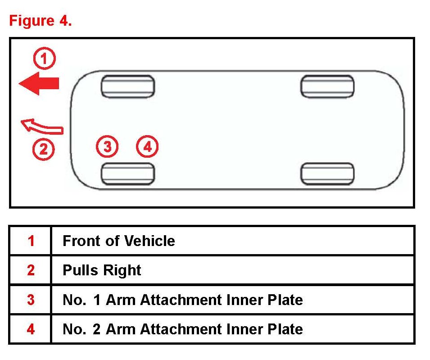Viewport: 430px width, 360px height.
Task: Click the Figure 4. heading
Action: click(x=41, y=21)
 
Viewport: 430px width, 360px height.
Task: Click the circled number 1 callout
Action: click(x=45, y=59)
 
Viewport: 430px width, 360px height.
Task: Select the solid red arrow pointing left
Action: click(x=39, y=83)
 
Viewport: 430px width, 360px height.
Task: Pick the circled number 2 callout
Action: click(x=44, y=150)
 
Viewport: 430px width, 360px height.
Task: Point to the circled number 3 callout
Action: click(x=107, y=146)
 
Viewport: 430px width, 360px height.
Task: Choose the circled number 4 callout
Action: click(x=147, y=146)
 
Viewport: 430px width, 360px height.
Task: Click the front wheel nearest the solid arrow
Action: click(x=128, y=87)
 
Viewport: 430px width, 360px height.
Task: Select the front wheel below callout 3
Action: click(x=128, y=174)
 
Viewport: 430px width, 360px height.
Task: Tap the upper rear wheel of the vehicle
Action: click(x=327, y=87)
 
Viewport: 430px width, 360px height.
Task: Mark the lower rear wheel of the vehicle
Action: click(x=327, y=174)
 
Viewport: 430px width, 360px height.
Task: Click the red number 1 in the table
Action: click(x=31, y=241)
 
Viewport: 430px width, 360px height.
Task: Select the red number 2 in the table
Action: click(x=31, y=270)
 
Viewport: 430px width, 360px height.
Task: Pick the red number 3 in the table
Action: click(x=31, y=300)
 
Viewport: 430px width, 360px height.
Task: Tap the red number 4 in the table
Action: click(x=31, y=329)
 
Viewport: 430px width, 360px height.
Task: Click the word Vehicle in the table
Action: click(x=150, y=241)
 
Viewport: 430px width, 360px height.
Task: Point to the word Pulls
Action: click(x=80, y=270)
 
